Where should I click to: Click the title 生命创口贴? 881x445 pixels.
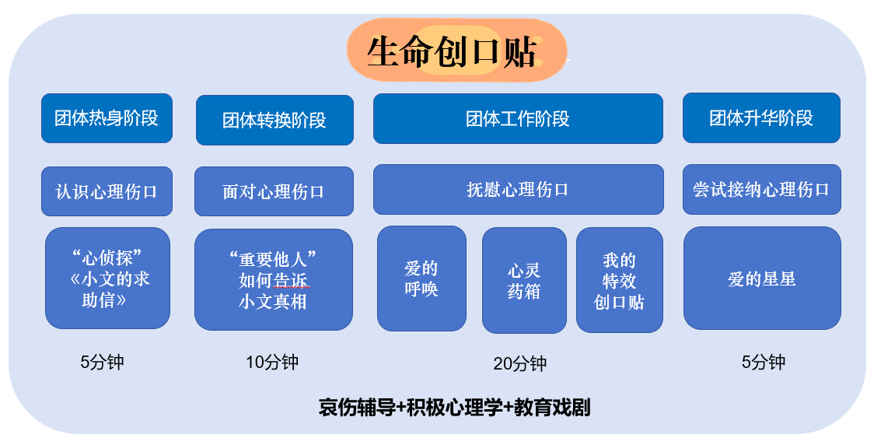[452, 51]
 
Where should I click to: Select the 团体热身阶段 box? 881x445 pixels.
[107, 118]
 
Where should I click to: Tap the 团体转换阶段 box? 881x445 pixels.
[274, 120]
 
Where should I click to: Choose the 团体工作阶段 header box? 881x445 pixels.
[518, 118]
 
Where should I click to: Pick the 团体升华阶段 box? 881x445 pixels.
[761, 118]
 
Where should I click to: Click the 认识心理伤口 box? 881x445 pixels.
[107, 191]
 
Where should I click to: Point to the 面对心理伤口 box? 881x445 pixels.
[274, 191]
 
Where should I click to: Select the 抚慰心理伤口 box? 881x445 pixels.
[518, 189]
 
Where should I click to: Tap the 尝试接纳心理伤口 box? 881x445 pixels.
[762, 189]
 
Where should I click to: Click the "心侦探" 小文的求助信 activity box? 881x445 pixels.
[107, 279]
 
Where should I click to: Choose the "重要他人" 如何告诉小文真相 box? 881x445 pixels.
[274, 279]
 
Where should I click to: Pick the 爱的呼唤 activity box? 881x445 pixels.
[421, 279]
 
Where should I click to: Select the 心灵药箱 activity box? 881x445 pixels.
[524, 280]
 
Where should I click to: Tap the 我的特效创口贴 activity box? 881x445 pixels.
[620, 280]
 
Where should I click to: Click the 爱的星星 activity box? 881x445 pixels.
[762, 279]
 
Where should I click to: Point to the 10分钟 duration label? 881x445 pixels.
[272, 362]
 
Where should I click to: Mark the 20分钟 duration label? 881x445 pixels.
[519, 363]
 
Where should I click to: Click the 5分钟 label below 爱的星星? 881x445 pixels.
[763, 362]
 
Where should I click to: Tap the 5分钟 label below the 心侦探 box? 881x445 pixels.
[102, 362]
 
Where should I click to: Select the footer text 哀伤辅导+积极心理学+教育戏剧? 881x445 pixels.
[454, 408]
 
